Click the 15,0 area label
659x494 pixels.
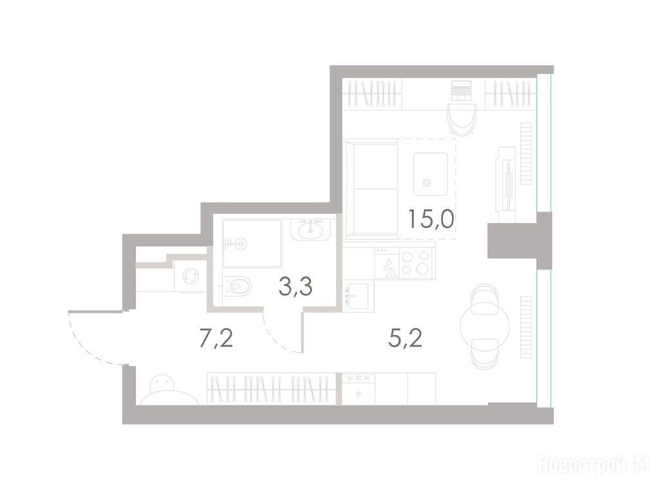(431, 219)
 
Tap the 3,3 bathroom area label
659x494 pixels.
(295, 287)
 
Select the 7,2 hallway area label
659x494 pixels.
(216, 338)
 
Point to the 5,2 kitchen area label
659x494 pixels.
(405, 338)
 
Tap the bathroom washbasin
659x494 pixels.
(311, 230)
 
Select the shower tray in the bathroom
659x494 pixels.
(252, 243)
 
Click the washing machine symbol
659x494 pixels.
(190, 276)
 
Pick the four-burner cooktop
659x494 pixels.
(415, 262)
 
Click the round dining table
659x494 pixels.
(485, 325)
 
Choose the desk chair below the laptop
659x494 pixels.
(462, 119)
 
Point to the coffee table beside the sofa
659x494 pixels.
(431, 174)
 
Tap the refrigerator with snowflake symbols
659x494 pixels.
(358, 389)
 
